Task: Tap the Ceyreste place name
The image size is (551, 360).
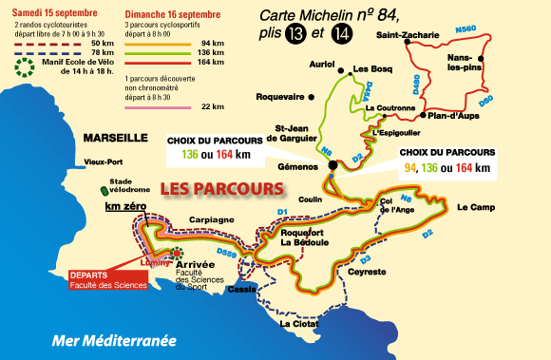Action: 367,272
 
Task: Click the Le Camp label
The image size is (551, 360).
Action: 475,206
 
